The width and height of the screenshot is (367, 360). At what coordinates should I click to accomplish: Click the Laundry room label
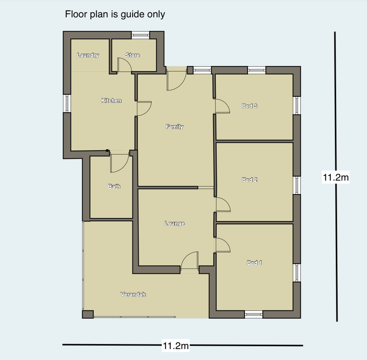pos(88,55)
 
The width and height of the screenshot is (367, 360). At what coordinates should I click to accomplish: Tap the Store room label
pos(133,55)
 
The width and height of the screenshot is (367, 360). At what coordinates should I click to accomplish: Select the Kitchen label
pos(111,101)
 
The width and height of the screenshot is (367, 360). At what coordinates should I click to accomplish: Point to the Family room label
pos(174,127)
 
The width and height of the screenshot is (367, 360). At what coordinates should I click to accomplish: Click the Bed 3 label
pos(250,106)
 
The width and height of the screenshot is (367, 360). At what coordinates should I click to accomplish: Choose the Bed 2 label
pos(250,180)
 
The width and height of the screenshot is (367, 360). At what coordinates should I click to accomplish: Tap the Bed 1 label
pos(254,263)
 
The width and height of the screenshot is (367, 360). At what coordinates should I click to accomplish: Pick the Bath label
pos(114,186)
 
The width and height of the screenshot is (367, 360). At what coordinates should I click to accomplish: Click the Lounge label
pos(174,223)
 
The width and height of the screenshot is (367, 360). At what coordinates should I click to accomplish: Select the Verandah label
pos(133,295)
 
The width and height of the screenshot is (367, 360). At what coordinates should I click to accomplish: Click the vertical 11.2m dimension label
pos(336,177)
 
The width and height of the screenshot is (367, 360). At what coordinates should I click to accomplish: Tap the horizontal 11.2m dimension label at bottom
pos(176,345)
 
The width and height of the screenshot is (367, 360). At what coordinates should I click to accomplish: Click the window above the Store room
pos(140,35)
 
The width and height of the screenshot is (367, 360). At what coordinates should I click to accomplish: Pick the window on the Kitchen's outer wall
pos(67,103)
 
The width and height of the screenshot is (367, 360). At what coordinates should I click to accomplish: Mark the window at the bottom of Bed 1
pos(253,314)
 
